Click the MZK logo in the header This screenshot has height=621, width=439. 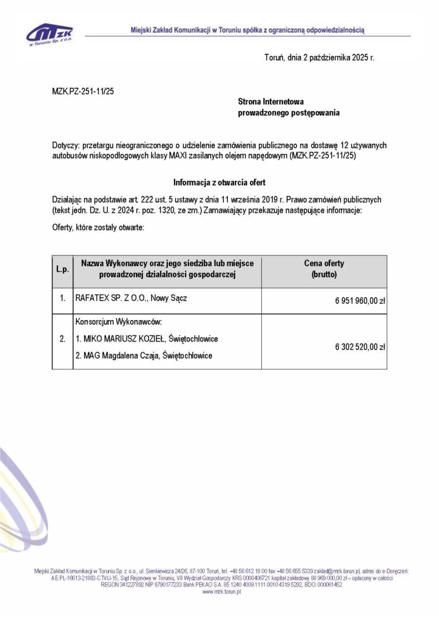point(50,34)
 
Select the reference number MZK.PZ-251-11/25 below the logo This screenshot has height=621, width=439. point(83,91)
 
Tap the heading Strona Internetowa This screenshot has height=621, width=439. point(270,102)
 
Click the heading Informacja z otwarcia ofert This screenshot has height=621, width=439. point(219,183)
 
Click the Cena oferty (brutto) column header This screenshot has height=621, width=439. point(324,269)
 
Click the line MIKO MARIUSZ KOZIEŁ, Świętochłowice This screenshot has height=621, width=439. point(147,338)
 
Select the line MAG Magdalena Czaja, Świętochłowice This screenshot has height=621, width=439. point(144,355)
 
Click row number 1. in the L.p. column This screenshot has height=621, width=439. point(62,299)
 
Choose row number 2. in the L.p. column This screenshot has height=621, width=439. point(62,338)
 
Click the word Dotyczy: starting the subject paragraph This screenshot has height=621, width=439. point(65,146)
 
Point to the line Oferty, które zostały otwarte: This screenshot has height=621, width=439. point(98,227)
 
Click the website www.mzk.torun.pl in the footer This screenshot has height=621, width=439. point(221,592)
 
